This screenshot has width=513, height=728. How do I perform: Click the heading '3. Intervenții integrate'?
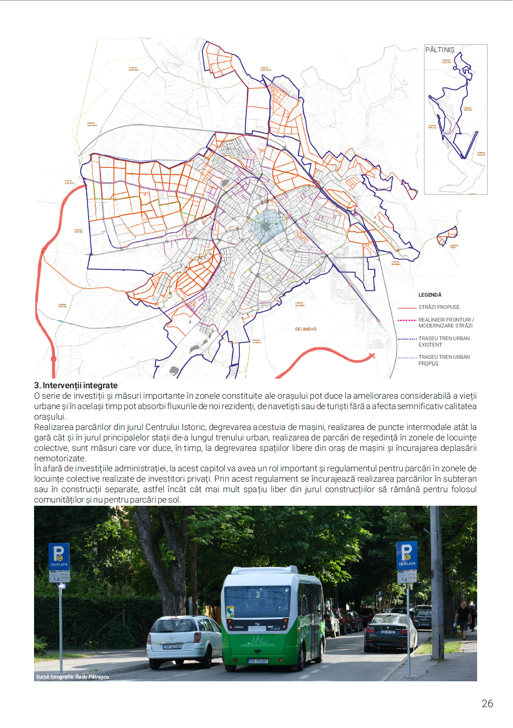[76, 386]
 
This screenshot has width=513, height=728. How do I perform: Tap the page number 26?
[487, 704]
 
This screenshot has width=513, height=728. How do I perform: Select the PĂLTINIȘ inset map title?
[439, 50]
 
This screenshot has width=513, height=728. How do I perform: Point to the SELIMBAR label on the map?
[306, 329]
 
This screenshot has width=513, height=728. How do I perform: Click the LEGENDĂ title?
[429, 295]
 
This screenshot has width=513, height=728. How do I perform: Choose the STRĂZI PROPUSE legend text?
[439, 307]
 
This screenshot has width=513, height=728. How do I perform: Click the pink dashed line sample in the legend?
[407, 320]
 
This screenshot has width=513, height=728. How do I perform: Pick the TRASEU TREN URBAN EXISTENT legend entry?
[444, 342]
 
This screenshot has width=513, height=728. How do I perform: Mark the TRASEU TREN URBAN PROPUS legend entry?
[444, 360]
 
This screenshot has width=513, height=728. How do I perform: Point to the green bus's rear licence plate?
[258, 661]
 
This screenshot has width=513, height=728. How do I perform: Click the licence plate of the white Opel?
[172, 646]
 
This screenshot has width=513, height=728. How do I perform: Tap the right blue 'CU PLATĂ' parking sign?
[407, 555]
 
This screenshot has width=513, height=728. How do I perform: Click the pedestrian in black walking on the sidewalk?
[463, 619]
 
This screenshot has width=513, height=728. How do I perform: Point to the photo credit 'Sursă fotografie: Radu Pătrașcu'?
[73, 677]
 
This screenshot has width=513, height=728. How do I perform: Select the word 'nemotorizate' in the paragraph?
[60, 459]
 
